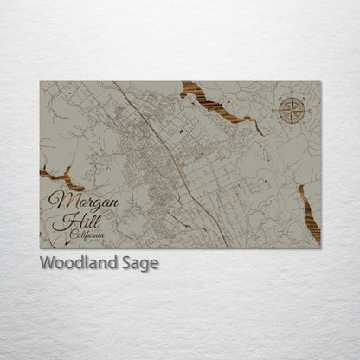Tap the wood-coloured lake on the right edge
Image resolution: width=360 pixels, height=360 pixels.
[309, 213]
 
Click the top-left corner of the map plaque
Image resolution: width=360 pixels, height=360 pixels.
[40, 82]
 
